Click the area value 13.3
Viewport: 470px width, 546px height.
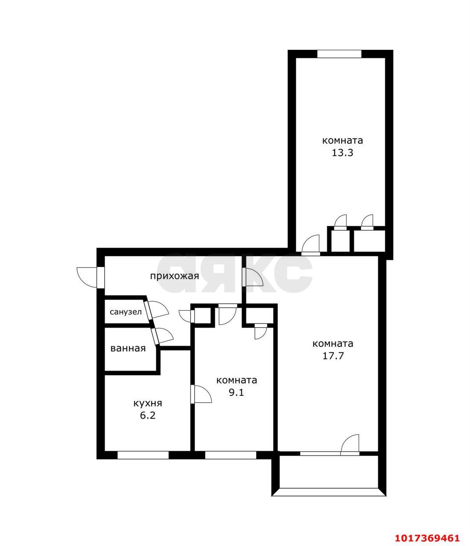tap(342, 153)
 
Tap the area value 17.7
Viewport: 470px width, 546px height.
tap(333, 356)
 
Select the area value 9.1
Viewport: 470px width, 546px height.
tap(236, 392)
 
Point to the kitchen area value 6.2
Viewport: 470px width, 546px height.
tap(148, 415)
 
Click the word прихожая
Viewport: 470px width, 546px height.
tap(175, 276)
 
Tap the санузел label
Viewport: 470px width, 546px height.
tap(126, 312)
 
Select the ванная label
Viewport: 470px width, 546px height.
tap(128, 349)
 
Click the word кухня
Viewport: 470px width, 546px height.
tap(148, 404)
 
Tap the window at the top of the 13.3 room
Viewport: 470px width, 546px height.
tap(339, 54)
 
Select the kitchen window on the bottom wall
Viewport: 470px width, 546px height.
tap(143, 455)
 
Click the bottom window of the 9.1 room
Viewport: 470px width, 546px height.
tap(231, 455)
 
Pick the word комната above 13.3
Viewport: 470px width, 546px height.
tap(342, 140)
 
